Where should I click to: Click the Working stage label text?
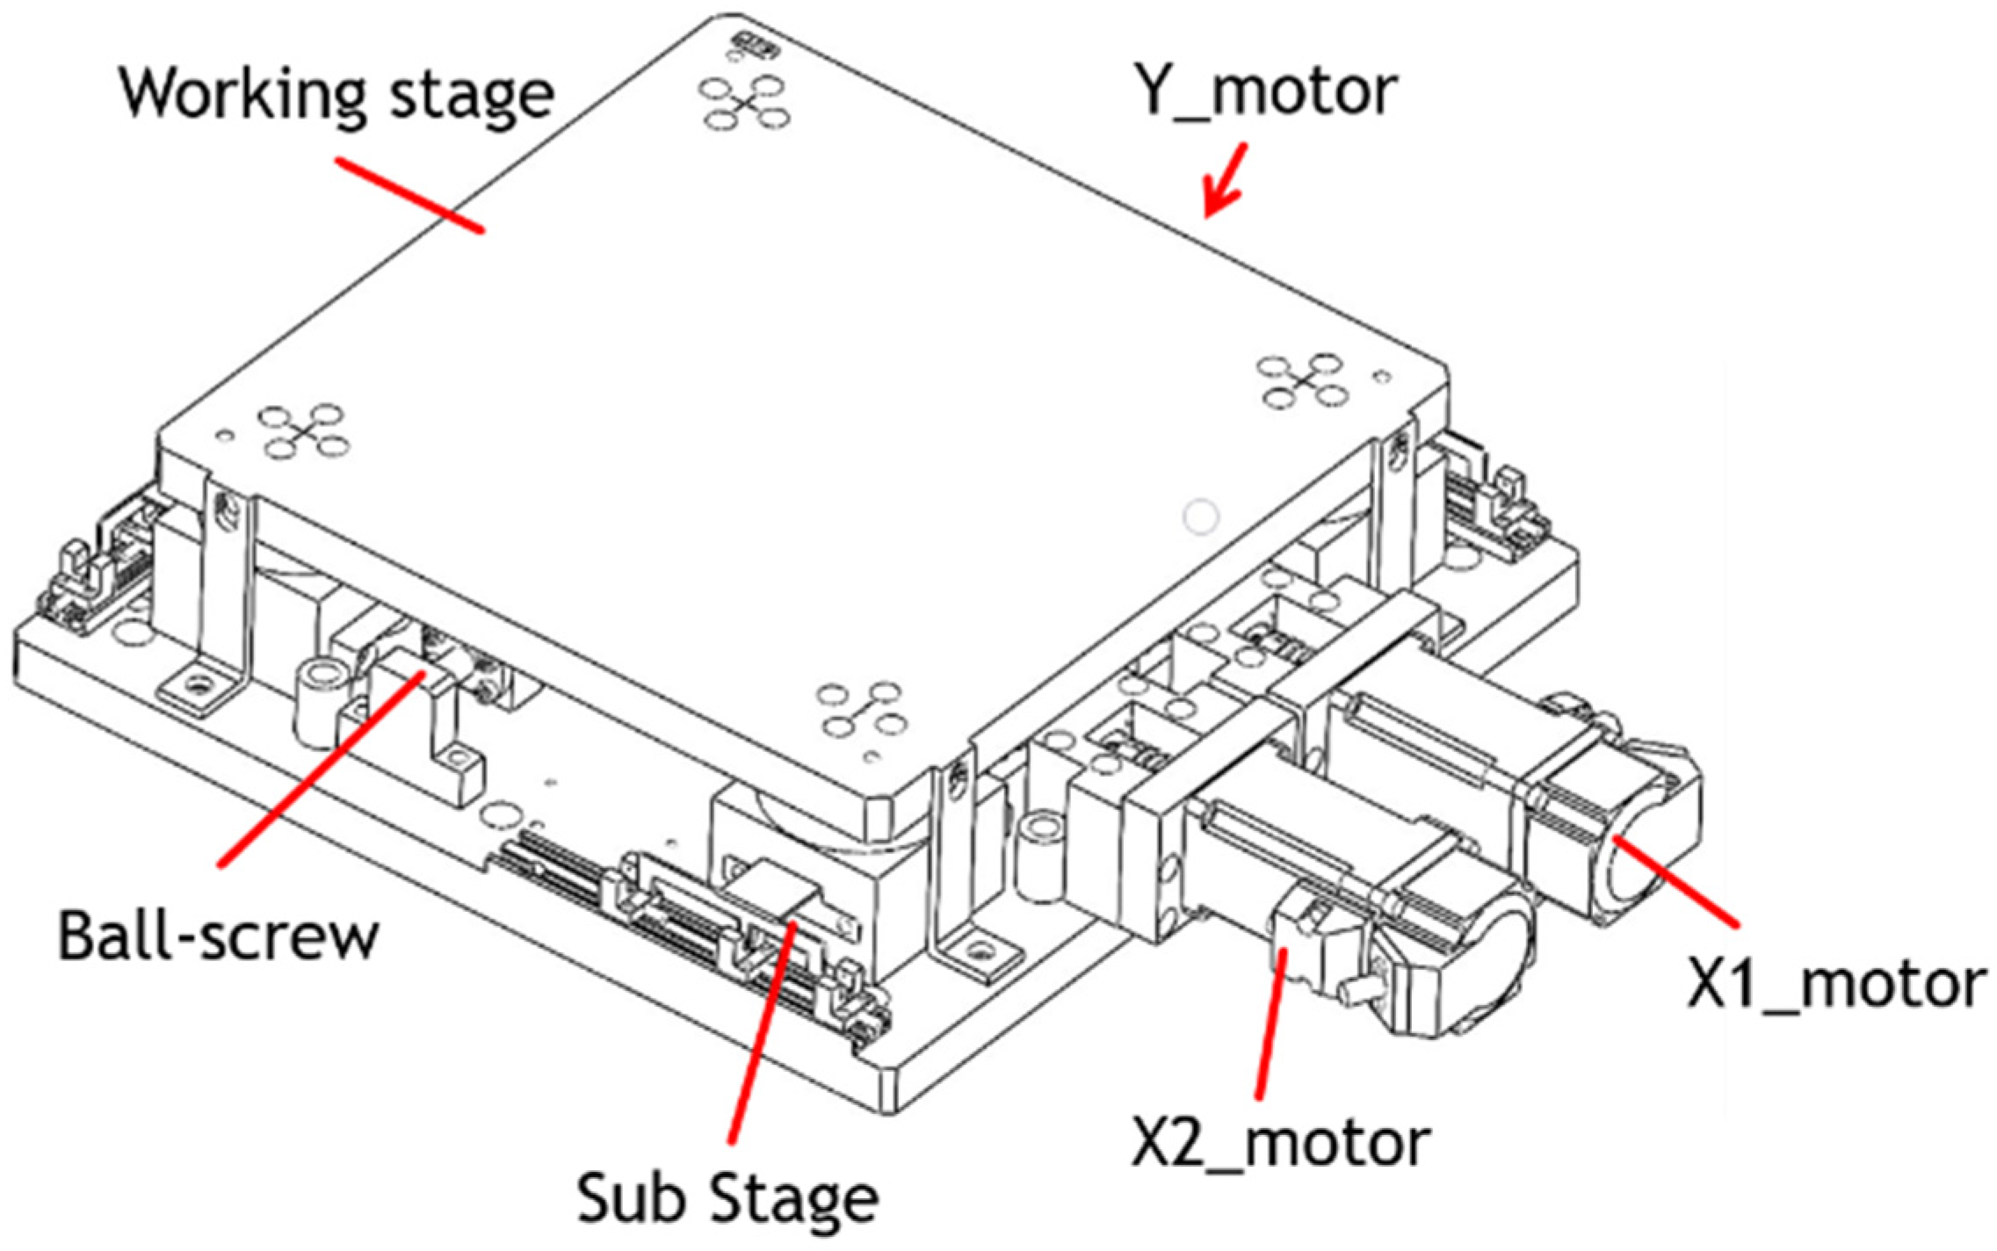click(336, 95)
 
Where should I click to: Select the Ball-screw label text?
click(218, 936)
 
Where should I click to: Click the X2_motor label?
click(1280, 1143)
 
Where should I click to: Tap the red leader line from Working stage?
click(409, 196)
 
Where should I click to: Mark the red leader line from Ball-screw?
click(322, 769)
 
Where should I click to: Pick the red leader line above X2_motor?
click(1270, 1023)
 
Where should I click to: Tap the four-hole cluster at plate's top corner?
click(744, 104)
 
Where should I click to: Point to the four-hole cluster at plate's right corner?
click(1302, 380)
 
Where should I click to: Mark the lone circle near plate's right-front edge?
click(1200, 517)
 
